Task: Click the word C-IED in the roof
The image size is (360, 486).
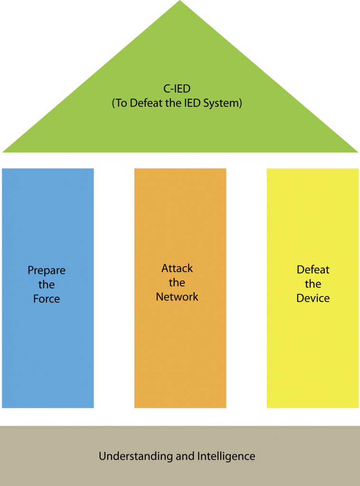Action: click(x=177, y=89)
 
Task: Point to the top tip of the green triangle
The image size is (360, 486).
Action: click(x=180, y=2)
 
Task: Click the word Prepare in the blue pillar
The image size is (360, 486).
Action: click(x=47, y=271)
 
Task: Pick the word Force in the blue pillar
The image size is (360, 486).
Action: click(x=47, y=299)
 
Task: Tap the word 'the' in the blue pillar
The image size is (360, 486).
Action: click(x=47, y=285)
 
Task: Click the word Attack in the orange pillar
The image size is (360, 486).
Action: click(x=177, y=268)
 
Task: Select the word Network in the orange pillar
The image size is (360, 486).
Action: click(x=177, y=297)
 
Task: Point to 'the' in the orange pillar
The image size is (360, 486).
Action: click(x=177, y=283)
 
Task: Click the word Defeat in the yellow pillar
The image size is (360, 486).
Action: click(x=313, y=270)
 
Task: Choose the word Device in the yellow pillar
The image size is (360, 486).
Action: click(x=313, y=298)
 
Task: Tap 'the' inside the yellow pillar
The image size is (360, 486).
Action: click(x=313, y=284)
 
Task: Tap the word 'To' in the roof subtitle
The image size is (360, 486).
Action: click(x=121, y=103)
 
